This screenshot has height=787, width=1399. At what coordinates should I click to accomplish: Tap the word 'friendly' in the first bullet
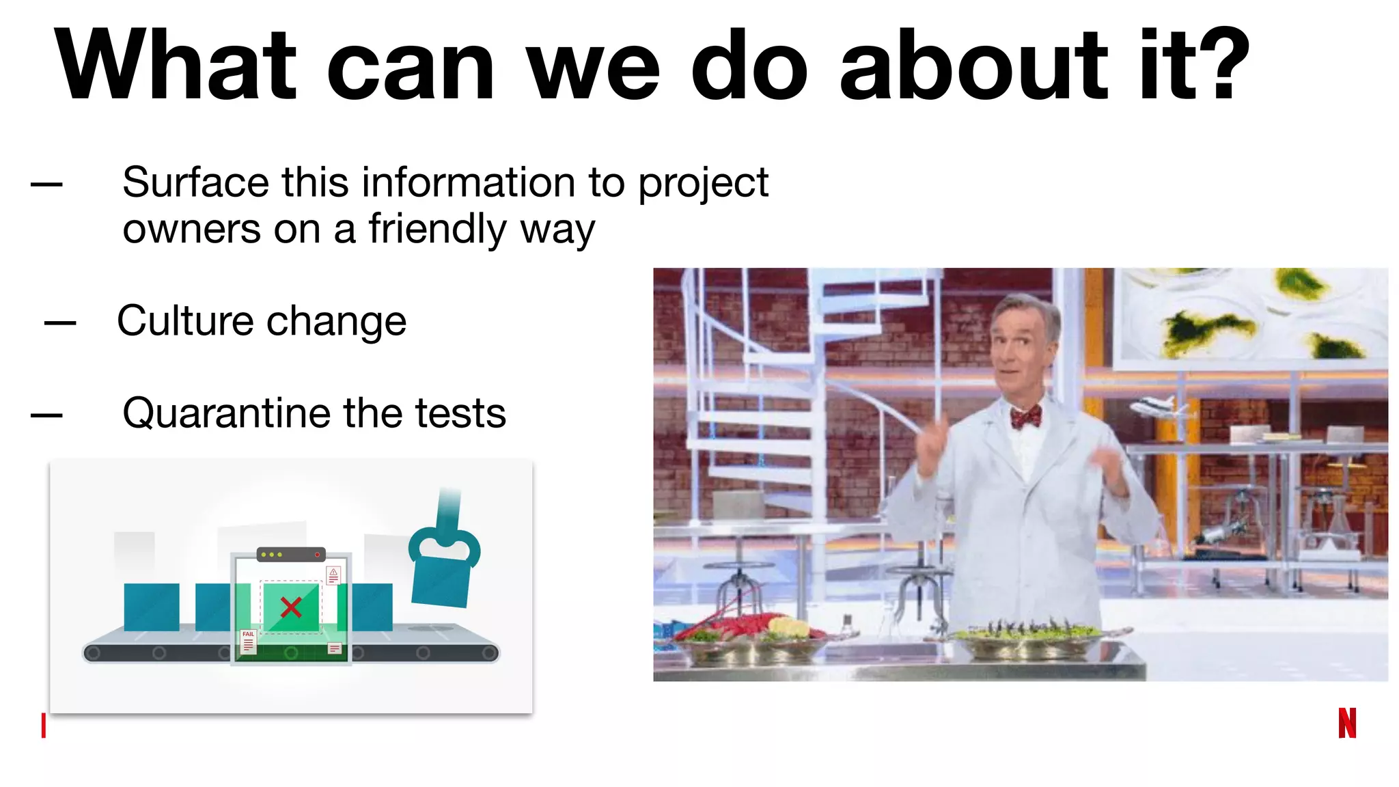point(437,229)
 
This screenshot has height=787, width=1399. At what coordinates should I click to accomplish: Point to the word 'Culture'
point(185,320)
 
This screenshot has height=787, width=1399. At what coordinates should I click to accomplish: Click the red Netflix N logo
point(1346,723)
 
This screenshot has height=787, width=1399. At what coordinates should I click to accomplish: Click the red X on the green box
point(291,607)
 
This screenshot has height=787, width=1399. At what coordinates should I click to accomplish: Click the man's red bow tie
point(1026,415)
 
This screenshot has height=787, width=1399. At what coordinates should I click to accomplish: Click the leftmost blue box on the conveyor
point(152,607)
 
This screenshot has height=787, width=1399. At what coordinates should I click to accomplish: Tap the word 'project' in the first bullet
point(703,184)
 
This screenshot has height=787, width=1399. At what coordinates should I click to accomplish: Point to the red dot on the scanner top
point(317,555)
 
